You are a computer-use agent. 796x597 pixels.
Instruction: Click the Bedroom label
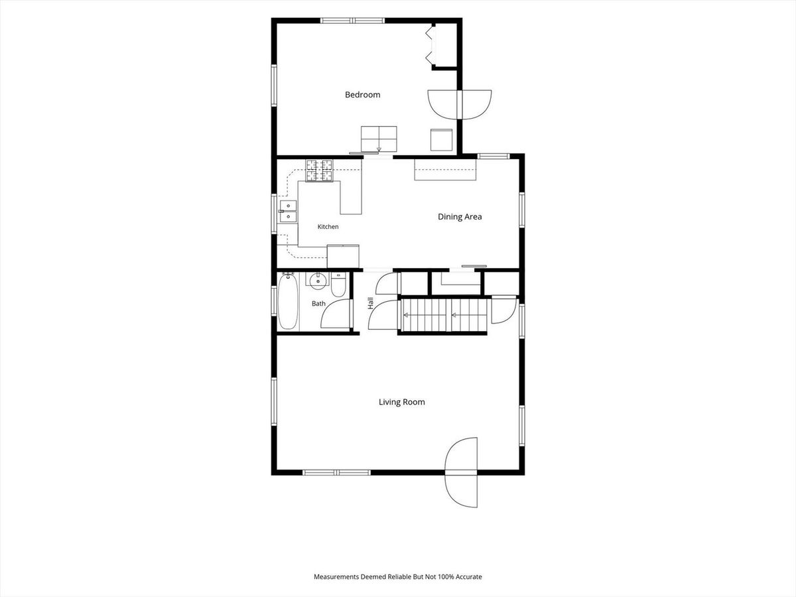[x=362, y=95]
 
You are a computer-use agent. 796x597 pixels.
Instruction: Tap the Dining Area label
[x=460, y=217]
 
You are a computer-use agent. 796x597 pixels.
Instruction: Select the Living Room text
[x=402, y=402]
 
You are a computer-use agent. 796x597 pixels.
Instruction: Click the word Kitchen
[x=328, y=227]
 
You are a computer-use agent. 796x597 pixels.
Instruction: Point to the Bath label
[x=318, y=304]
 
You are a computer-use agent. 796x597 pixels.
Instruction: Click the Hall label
[x=370, y=303]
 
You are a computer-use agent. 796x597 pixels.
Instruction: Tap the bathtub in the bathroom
[x=288, y=302]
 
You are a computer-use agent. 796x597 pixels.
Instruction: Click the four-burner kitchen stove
[x=319, y=170]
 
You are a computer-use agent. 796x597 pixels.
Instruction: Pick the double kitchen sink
[x=289, y=212]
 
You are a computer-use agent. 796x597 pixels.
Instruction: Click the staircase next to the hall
[x=444, y=314]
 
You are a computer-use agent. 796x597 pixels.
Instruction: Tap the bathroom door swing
[x=336, y=314]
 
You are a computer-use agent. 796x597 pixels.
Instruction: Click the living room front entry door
[x=461, y=472]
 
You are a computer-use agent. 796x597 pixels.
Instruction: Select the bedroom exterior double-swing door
[x=460, y=105]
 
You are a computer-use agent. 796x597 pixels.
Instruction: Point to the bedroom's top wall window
[x=352, y=21]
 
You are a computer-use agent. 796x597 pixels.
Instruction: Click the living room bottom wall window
[x=336, y=472]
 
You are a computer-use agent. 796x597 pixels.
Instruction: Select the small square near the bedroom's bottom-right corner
[x=441, y=140]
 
